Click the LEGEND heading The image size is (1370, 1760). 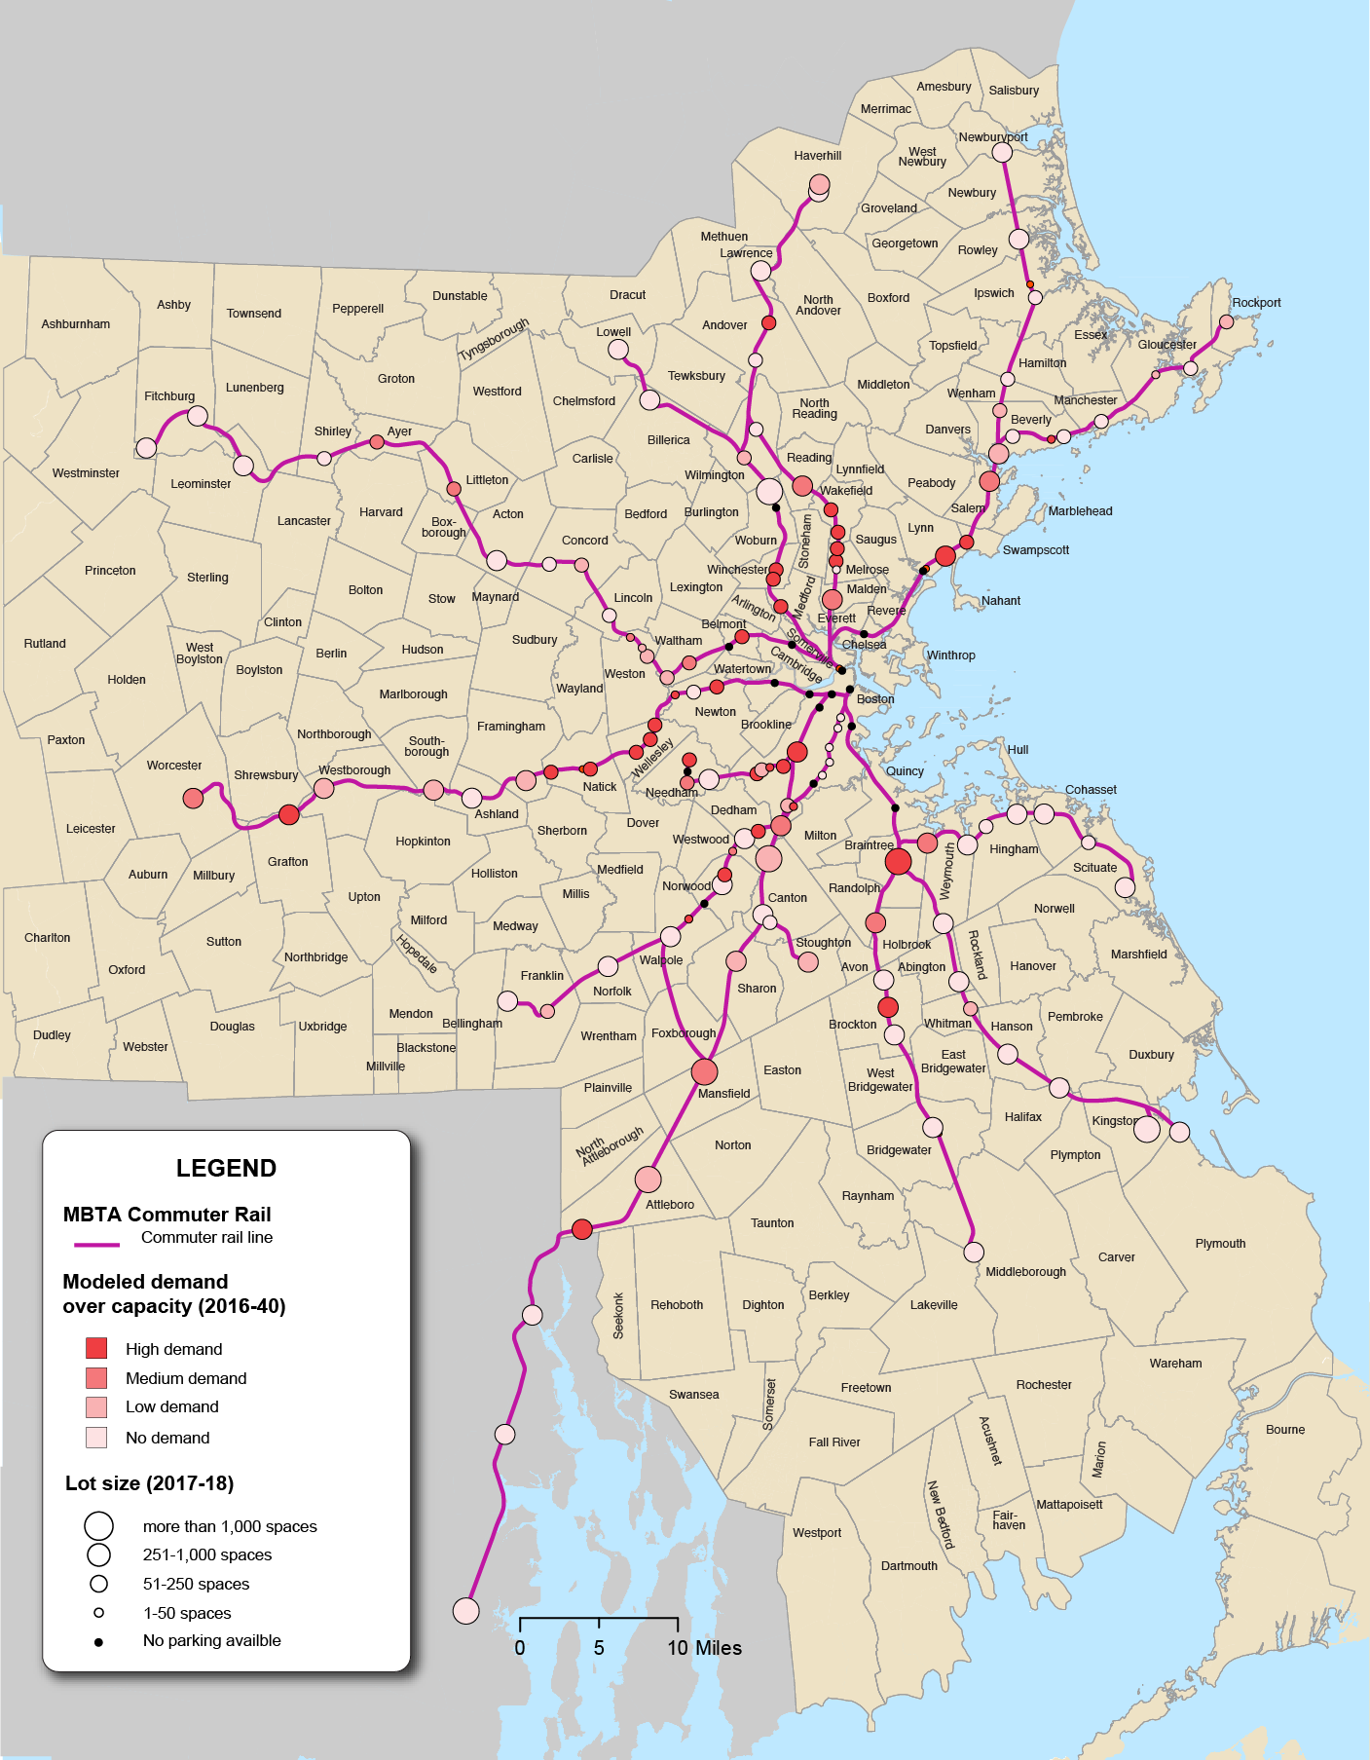(226, 1168)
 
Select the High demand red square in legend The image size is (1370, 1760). (96, 1348)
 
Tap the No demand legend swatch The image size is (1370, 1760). (96, 1437)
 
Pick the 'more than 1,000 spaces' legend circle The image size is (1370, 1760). (98, 1525)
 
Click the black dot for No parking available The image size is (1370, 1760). (98, 1641)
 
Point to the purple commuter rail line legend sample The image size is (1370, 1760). (96, 1244)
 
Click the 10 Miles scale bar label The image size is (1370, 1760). (704, 1648)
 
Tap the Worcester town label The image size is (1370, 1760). (174, 766)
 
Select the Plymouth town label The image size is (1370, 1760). (1220, 1244)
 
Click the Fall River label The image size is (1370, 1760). (834, 1442)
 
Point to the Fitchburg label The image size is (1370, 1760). (169, 396)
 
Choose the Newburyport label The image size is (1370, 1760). (992, 137)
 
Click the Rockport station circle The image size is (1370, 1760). (1227, 321)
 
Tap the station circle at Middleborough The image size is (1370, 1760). (974, 1252)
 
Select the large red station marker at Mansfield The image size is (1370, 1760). (704, 1071)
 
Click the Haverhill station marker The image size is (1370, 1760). (819, 185)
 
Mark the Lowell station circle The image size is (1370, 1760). (618, 350)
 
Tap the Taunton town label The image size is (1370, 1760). (772, 1223)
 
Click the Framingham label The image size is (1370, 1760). (511, 727)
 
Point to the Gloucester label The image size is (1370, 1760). (1166, 345)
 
